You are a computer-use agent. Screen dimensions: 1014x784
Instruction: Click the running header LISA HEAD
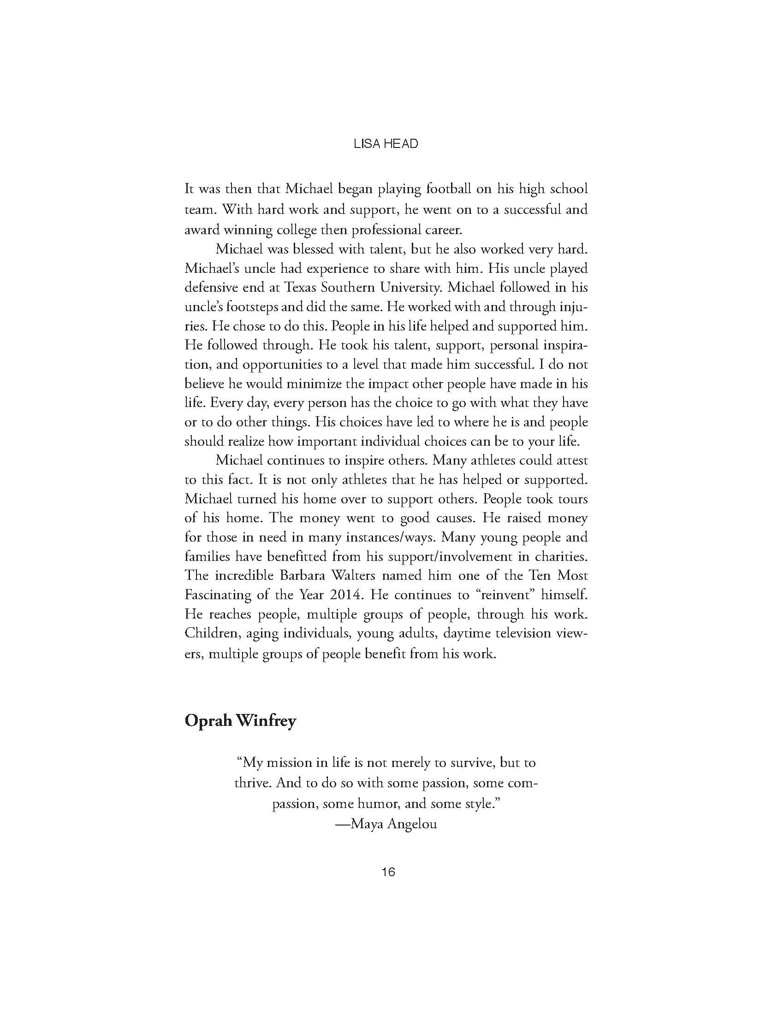[x=386, y=144]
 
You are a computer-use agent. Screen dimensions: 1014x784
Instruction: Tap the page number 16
[x=388, y=872]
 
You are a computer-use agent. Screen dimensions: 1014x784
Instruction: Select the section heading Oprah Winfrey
[x=240, y=721]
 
